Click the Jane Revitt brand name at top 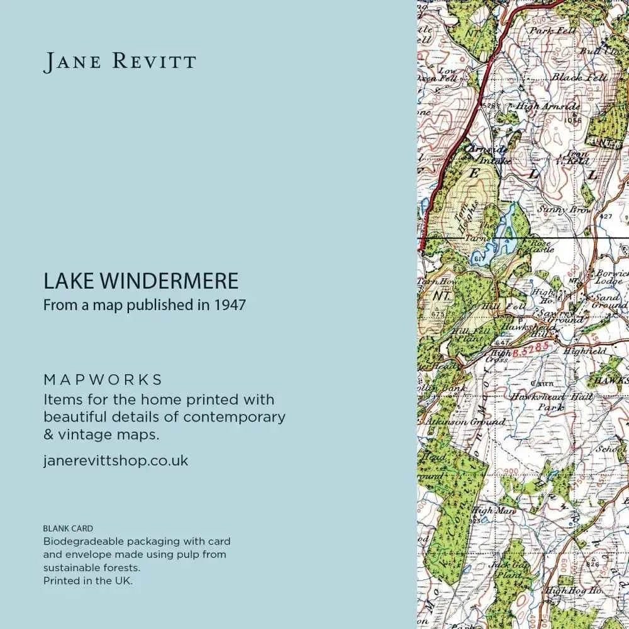point(120,62)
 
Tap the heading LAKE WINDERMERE point(141,281)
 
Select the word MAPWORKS point(103,380)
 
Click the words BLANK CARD point(67,529)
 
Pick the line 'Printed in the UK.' point(87,581)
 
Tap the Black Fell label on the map point(579,77)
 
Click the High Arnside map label point(547,107)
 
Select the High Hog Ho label point(572,591)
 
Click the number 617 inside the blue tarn point(477,259)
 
